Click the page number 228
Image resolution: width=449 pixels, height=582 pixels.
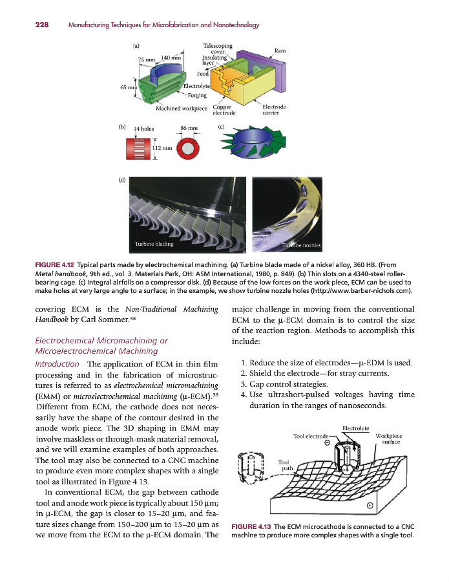(25, 25)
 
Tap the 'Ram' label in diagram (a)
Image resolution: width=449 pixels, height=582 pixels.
(280, 50)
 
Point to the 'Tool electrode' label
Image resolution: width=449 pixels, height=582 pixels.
(311, 436)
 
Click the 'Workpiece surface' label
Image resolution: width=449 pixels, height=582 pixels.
(388, 439)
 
